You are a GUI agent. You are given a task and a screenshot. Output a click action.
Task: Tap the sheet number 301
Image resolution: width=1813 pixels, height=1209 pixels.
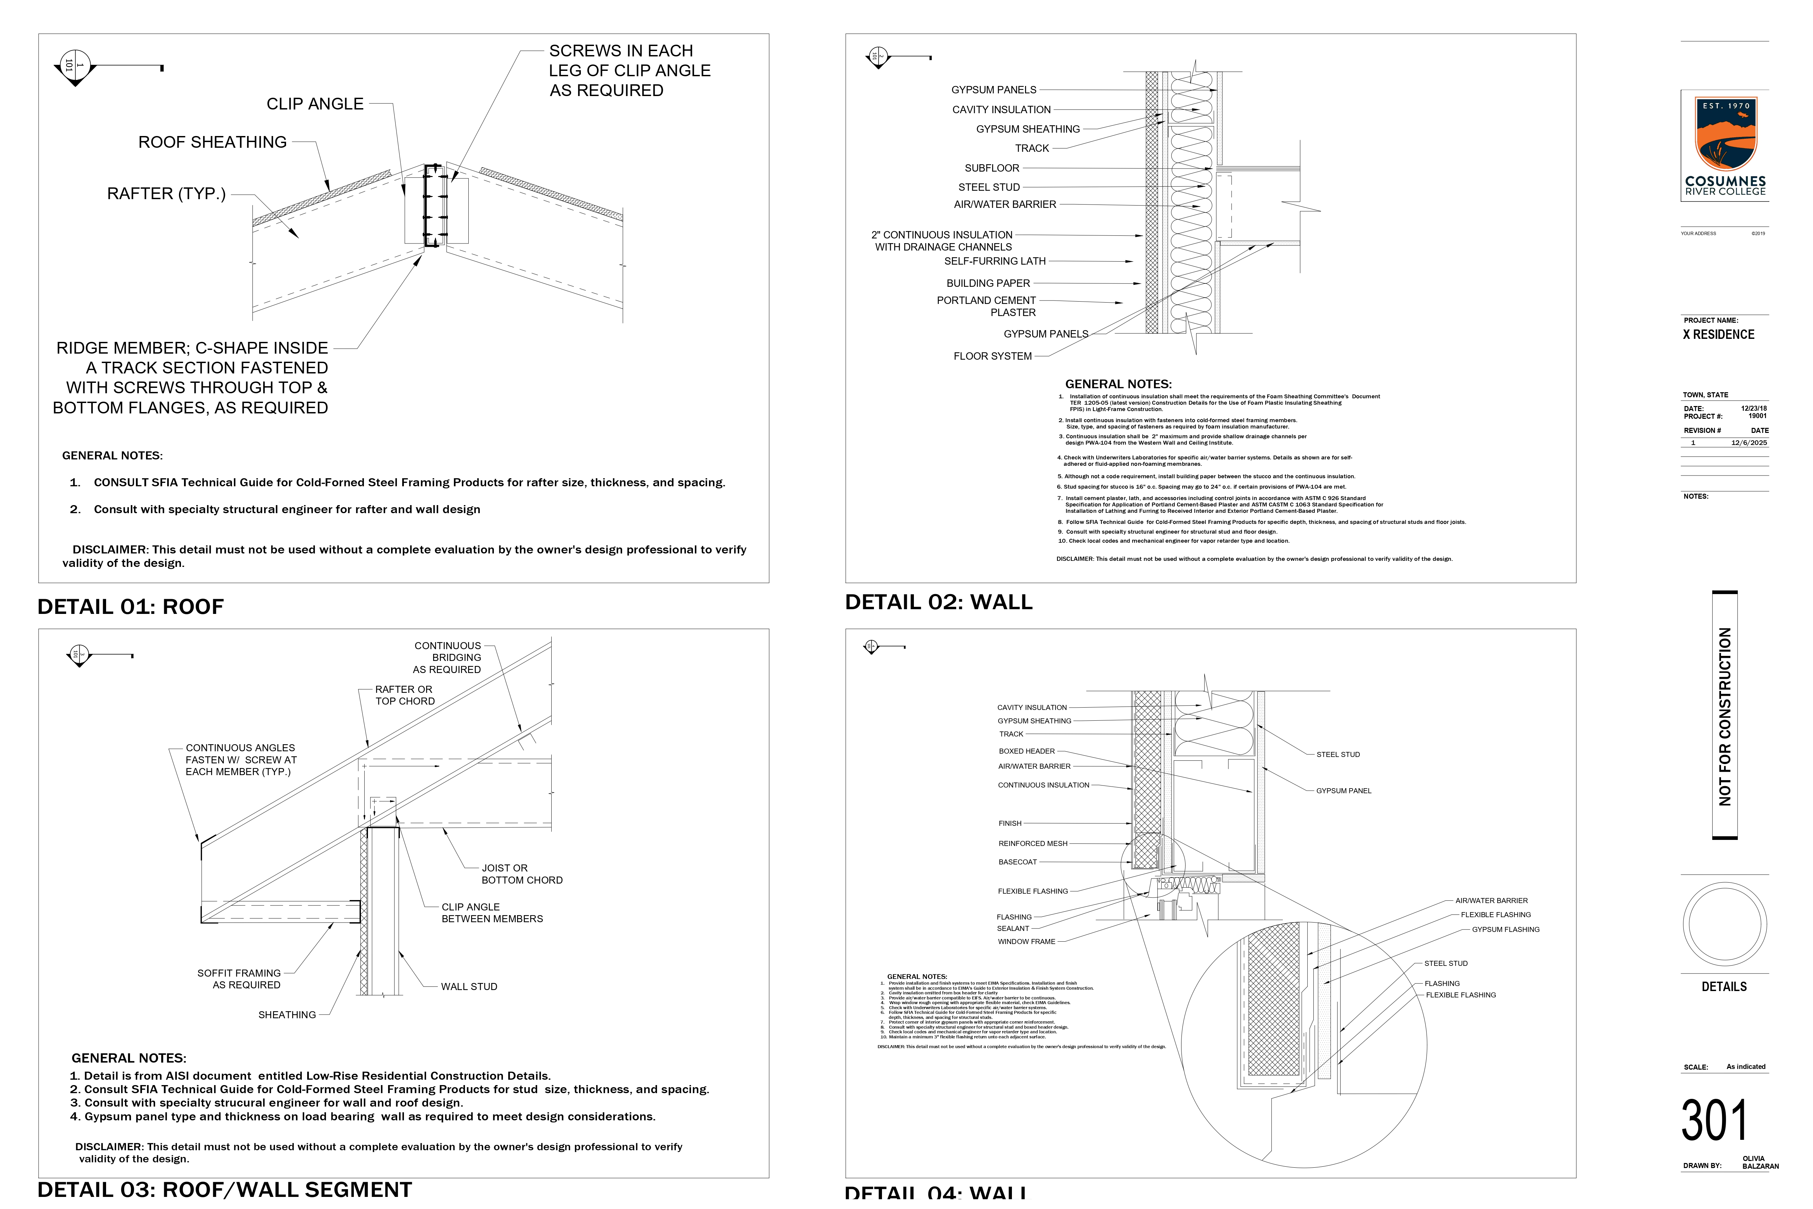pyautogui.click(x=1714, y=1120)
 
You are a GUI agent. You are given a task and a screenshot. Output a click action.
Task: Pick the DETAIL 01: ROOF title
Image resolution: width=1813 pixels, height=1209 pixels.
pyautogui.click(x=130, y=607)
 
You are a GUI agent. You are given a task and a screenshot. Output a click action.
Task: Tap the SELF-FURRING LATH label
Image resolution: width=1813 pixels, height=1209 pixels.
pyautogui.click(x=994, y=261)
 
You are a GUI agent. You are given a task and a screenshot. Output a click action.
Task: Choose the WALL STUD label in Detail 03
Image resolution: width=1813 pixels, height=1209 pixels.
pyautogui.click(x=469, y=987)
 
